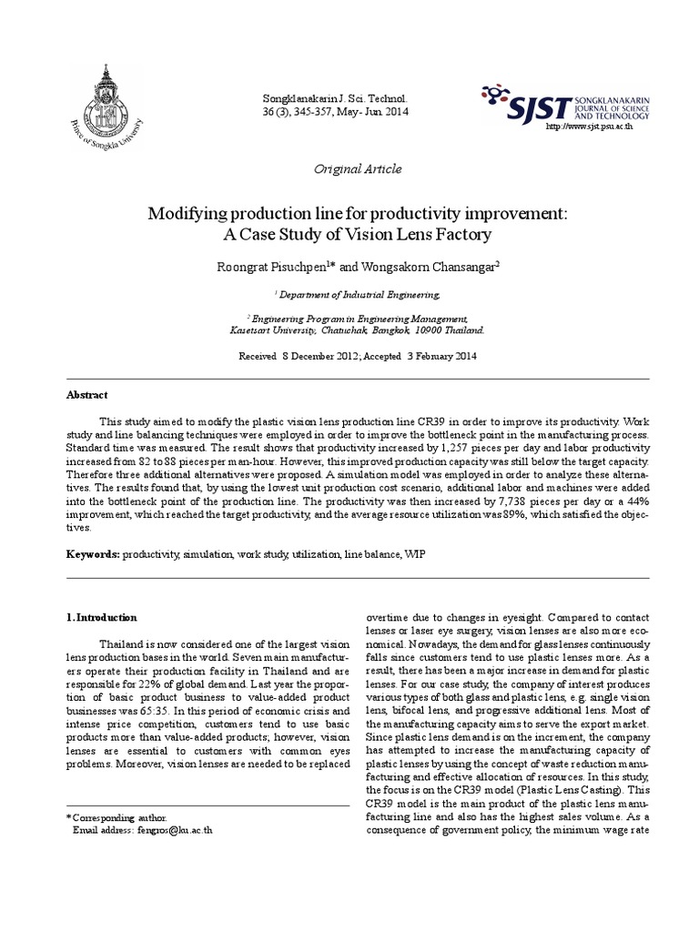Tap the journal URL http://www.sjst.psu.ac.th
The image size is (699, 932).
(x=588, y=126)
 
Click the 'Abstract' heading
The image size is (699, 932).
(x=86, y=395)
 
